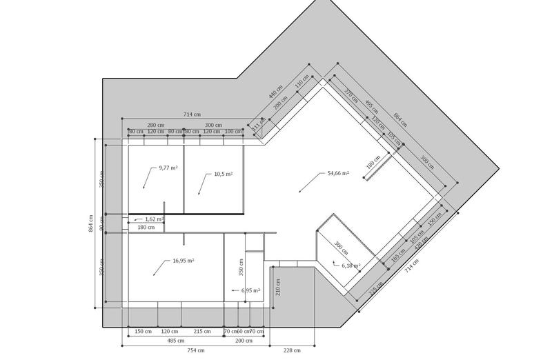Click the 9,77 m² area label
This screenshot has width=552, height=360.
(x=168, y=168)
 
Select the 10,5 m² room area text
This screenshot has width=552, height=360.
(x=223, y=174)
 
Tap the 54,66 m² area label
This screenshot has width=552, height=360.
(x=337, y=174)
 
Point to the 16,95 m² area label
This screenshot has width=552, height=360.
(x=183, y=261)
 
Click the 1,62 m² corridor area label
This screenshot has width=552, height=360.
(x=154, y=219)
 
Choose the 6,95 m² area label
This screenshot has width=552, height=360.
(x=250, y=290)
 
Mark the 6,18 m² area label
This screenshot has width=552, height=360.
(x=351, y=265)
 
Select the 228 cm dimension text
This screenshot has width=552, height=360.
(x=293, y=350)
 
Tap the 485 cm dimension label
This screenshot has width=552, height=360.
(x=175, y=340)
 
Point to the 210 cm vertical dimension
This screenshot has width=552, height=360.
(x=277, y=286)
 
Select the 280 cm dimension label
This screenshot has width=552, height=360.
(x=156, y=124)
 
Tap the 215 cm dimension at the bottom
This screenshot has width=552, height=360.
(x=201, y=331)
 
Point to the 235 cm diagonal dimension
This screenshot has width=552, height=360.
(x=377, y=289)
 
